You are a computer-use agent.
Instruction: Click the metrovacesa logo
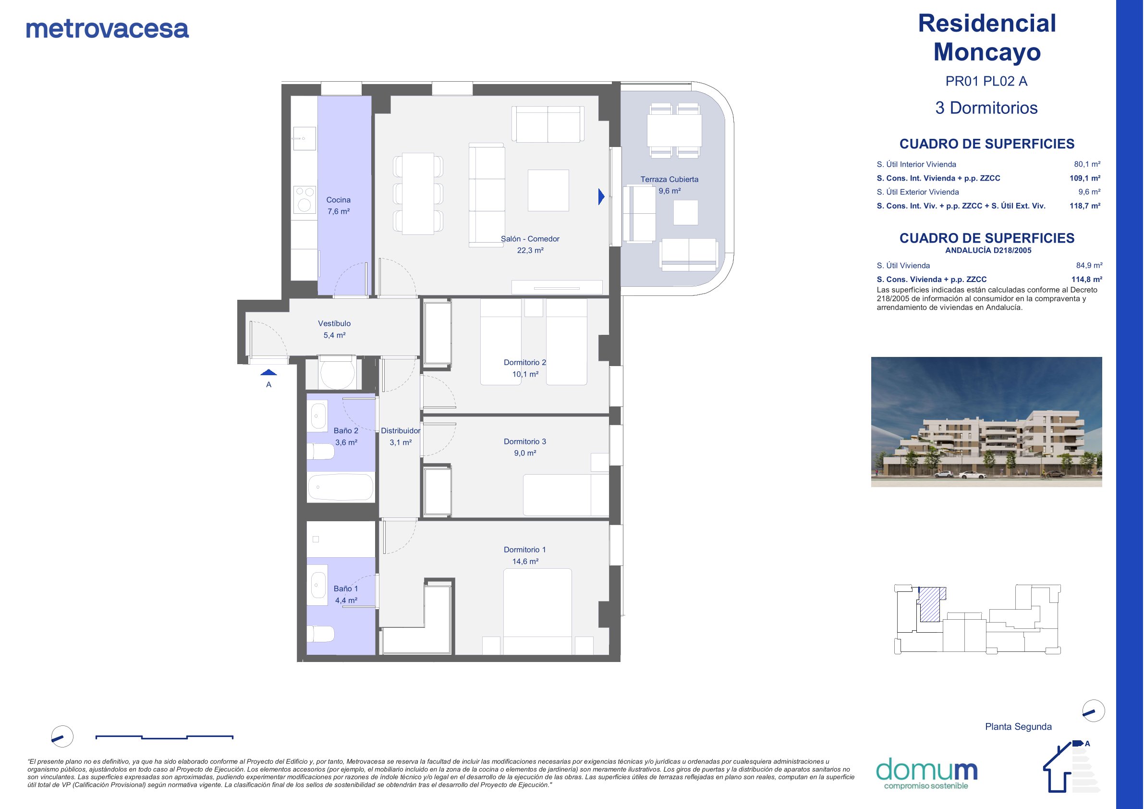point(107,28)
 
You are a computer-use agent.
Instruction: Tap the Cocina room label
point(338,200)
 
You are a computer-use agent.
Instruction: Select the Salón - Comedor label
point(530,239)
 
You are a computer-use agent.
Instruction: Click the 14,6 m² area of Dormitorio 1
point(525,561)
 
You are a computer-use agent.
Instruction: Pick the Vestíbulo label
point(334,323)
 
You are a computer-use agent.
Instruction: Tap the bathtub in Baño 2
point(341,487)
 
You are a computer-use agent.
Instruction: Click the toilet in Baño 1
point(320,635)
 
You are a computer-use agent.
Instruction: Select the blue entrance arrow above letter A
point(268,372)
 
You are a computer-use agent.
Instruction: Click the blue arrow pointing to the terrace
point(601,196)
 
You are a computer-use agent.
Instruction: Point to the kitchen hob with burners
point(304,199)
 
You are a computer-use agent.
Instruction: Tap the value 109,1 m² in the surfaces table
point(1085,178)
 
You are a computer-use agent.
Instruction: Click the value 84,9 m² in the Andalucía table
point(1089,266)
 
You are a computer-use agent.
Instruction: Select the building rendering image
point(986,422)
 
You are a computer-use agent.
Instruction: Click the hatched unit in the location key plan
point(931,604)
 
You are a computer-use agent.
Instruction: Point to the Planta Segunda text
point(1019,727)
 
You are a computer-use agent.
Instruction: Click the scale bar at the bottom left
point(164,737)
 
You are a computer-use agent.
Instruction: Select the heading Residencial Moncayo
point(987,37)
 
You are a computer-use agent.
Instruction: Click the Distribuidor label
point(401,430)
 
